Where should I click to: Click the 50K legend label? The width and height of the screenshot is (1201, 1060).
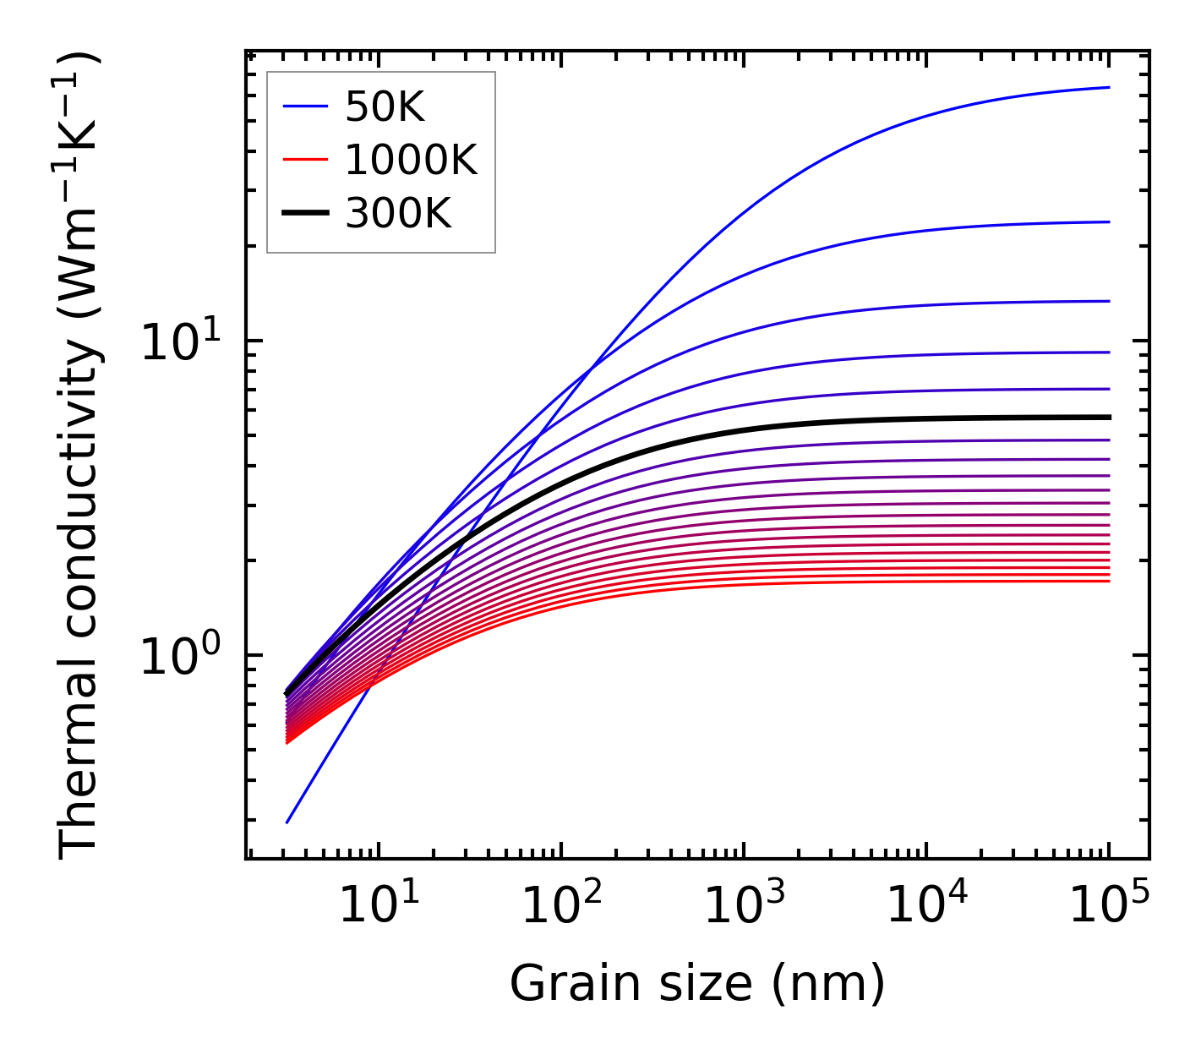(385, 107)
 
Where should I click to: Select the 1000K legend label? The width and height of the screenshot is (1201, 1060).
(411, 160)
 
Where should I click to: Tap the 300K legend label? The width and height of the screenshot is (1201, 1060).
(398, 214)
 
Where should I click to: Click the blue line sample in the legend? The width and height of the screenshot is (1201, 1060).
(304, 107)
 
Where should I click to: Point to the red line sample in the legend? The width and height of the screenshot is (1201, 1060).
(304, 160)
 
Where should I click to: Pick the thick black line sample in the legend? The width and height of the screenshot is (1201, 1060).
(304, 214)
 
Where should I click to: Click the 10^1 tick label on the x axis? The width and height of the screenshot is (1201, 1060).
(378, 906)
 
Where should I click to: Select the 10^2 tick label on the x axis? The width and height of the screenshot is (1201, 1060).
(560, 906)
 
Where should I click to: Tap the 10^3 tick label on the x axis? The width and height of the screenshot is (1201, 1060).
(744, 906)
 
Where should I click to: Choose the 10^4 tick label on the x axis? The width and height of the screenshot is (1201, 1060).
(926, 906)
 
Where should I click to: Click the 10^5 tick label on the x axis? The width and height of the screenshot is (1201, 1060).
(1109, 906)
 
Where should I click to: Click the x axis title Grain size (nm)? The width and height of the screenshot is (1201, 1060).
(697, 984)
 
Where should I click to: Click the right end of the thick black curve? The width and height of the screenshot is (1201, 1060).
(1109, 417)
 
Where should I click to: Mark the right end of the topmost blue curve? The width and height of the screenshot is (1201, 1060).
(1109, 87)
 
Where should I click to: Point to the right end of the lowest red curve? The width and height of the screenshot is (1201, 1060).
(1109, 581)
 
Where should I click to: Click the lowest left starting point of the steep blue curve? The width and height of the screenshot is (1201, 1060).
(287, 822)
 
